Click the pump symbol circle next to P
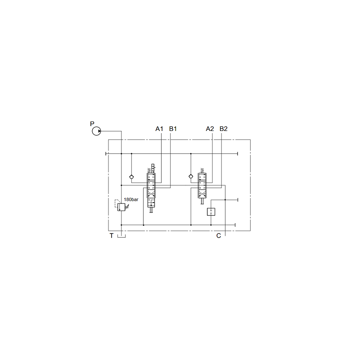[x=96, y=131]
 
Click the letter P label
[x=92, y=124]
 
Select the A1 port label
[x=159, y=129]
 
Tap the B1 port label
[x=173, y=129]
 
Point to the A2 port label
[x=210, y=129]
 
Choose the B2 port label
[x=223, y=129]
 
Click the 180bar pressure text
[x=131, y=199]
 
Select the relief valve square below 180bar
[x=121, y=207]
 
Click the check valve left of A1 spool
[x=131, y=177]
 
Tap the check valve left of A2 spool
[x=191, y=176]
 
